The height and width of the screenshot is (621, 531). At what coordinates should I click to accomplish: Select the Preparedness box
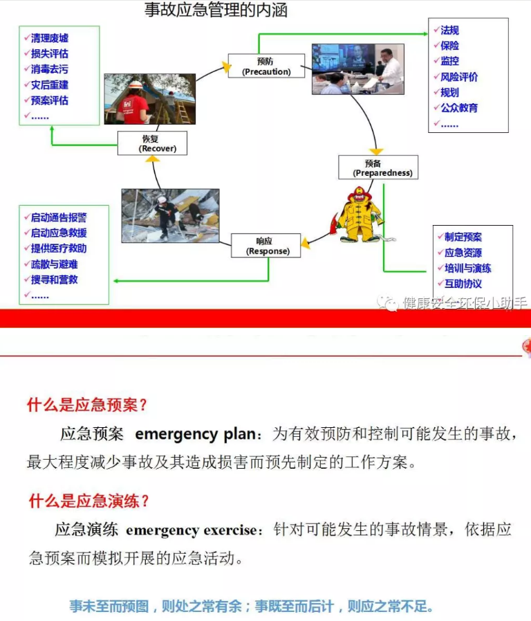click(x=378, y=168)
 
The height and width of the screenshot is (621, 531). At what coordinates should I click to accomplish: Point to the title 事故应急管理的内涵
click(x=216, y=10)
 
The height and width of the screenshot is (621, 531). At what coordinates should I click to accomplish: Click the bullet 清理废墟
click(x=49, y=38)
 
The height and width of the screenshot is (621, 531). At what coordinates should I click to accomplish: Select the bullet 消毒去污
click(x=49, y=69)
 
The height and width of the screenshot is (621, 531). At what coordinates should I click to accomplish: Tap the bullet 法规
click(x=449, y=30)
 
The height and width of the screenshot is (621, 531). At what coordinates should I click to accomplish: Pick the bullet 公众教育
click(x=458, y=108)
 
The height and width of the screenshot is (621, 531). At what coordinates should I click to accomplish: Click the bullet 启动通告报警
click(x=58, y=217)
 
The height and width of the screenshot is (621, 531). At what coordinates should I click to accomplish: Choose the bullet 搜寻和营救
click(x=54, y=280)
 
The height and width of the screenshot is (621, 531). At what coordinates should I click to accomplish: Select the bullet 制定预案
click(x=463, y=237)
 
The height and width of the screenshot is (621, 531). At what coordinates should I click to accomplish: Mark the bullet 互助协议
click(x=463, y=284)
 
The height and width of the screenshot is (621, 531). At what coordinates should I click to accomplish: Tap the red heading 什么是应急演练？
click(x=89, y=501)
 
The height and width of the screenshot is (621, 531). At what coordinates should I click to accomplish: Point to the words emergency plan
click(x=196, y=435)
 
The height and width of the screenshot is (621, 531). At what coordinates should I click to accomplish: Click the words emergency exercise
click(x=191, y=531)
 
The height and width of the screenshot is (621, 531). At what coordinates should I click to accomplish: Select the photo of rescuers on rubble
click(x=170, y=215)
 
